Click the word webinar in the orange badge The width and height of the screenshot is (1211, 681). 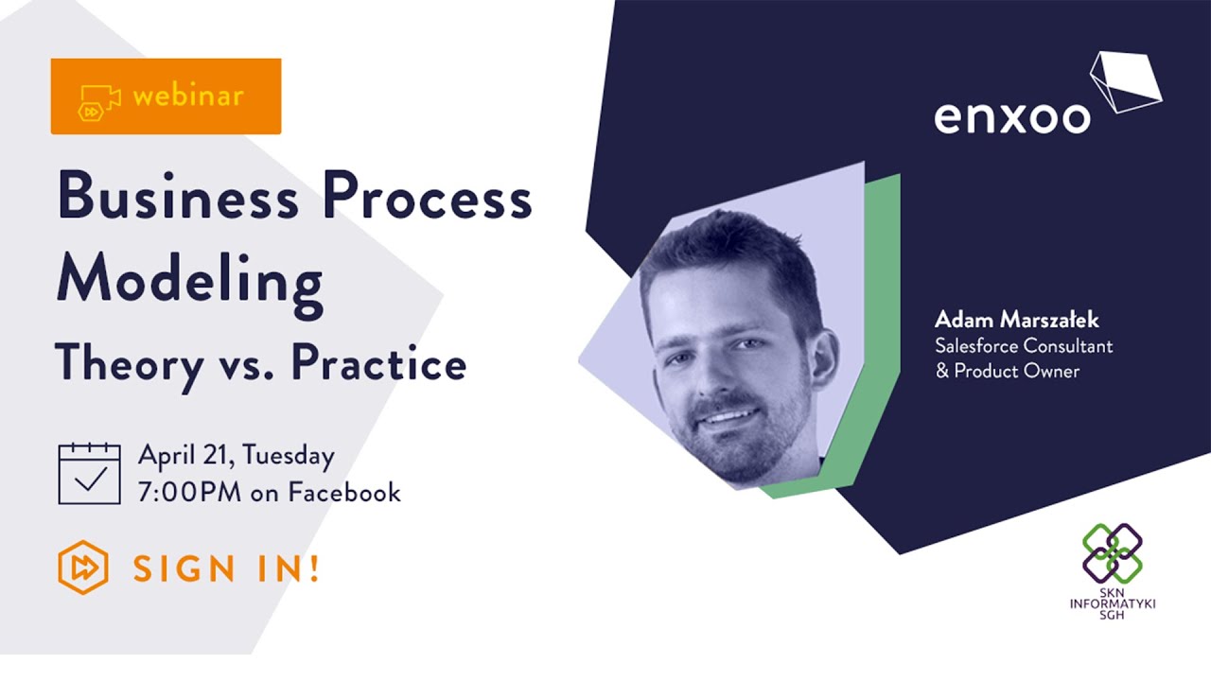(x=188, y=96)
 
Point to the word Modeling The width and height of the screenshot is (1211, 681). (x=189, y=280)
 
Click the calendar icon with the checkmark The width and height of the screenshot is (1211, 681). (x=90, y=473)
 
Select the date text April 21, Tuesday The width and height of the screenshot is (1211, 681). (x=237, y=456)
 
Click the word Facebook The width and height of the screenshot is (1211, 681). (x=344, y=492)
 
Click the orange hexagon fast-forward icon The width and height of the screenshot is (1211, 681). (x=83, y=567)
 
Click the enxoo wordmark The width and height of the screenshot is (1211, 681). (x=1011, y=115)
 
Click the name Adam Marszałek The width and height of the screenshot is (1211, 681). (x=1016, y=319)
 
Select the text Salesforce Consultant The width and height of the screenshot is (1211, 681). (x=1024, y=345)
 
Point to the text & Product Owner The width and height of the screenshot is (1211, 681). (x=1007, y=371)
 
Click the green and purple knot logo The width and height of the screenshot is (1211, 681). (x=1113, y=553)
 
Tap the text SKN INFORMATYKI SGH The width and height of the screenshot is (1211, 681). (x=1113, y=603)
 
